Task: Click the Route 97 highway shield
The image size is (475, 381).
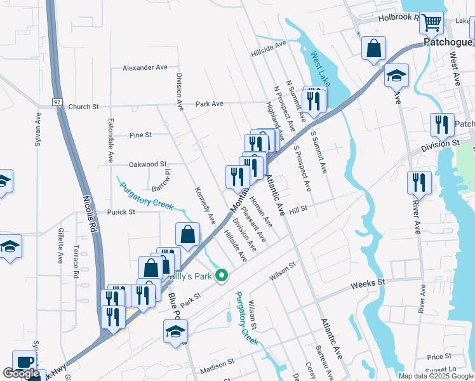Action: pyautogui.click(x=57, y=102)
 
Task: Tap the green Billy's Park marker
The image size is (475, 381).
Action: pyautogui.click(x=222, y=276)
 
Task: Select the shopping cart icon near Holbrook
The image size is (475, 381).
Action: pyautogui.click(x=431, y=23)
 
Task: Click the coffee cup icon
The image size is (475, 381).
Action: pyautogui.click(x=24, y=362)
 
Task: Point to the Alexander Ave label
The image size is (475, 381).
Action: pyautogui.click(x=145, y=67)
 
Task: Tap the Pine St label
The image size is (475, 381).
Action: pyautogui.click(x=140, y=135)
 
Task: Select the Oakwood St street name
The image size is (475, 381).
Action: pyautogui.click(x=147, y=164)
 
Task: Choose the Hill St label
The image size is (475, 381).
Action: pyautogui.click(x=298, y=208)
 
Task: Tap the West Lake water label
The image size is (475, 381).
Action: pyautogui.click(x=321, y=70)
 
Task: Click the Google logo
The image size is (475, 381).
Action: pyautogui.click(x=21, y=374)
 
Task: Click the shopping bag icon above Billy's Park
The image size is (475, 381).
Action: pyautogui.click(x=189, y=234)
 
